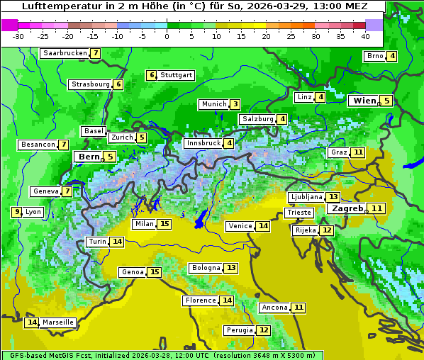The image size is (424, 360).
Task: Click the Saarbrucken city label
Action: (65, 53)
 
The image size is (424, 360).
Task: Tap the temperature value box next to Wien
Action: (386, 101)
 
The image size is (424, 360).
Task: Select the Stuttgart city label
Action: (176, 75)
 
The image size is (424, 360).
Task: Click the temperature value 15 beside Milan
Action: (164, 224)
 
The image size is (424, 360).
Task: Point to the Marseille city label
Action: (58, 322)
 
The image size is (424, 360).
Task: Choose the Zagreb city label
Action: (347, 208)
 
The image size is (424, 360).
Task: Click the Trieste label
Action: (299, 213)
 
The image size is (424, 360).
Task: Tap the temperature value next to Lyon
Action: (16, 212)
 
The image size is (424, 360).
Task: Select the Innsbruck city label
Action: (203, 143)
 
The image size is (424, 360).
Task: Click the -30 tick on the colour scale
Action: (18, 36)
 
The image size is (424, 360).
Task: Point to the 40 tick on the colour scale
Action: (365, 36)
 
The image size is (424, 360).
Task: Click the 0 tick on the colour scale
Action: (167, 36)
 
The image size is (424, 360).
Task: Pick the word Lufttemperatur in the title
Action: (57, 6)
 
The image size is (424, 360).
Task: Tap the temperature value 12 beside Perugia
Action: (264, 330)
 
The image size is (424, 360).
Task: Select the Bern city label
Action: (89, 157)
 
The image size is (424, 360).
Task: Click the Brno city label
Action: (374, 57)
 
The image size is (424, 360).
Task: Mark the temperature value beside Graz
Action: (358, 152)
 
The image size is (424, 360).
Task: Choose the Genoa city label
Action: (132, 272)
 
